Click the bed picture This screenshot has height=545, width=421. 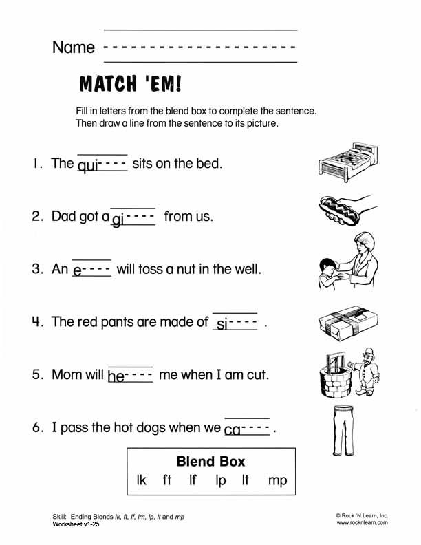(x=347, y=161)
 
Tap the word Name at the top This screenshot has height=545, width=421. (x=73, y=47)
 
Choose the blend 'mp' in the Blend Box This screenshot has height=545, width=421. (x=277, y=480)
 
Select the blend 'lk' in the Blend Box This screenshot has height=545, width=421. (x=142, y=480)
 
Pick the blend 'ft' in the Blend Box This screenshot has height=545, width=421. (x=166, y=480)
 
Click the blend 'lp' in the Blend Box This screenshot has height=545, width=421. (x=220, y=480)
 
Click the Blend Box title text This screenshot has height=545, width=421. (x=210, y=461)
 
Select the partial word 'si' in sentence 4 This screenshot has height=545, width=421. (x=222, y=323)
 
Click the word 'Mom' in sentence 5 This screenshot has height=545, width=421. (x=67, y=375)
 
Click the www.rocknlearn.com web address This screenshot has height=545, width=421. (x=362, y=523)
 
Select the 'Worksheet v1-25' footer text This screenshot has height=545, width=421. (x=80, y=524)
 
